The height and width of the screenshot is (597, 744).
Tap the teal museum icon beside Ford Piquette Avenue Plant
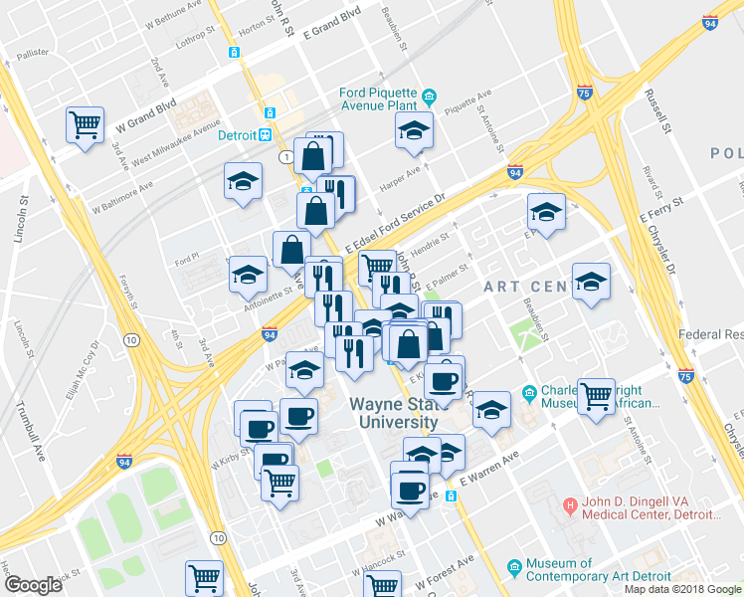[x=430, y=97]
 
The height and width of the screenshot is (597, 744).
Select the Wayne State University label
[x=395, y=413]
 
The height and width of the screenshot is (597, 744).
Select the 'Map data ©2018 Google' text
[x=683, y=589]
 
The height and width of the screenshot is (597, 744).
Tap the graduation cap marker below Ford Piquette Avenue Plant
[x=413, y=132]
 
